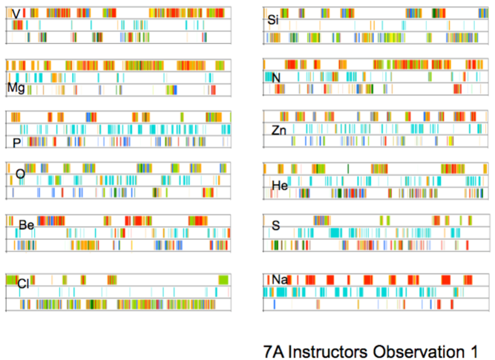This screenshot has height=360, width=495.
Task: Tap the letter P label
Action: pyautogui.click(x=16, y=141)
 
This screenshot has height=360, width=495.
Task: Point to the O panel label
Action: pyautogui.click(x=20, y=174)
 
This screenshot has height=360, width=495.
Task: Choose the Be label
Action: pyautogui.click(x=27, y=225)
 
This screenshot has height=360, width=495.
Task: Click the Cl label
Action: pyautogui.click(x=23, y=282)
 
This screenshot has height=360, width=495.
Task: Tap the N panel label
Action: pyautogui.click(x=276, y=77)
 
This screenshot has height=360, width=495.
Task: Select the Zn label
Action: pyautogui.click(x=278, y=131)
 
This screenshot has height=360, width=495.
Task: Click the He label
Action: pyautogui.click(x=280, y=186)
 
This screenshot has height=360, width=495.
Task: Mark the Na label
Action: pyautogui.click(x=279, y=279)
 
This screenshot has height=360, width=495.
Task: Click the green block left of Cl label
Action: pyautogui.click(x=11, y=280)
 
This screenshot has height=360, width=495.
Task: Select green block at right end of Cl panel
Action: pyautogui.click(x=223, y=279)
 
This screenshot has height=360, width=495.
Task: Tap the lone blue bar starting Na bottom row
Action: pyautogui.click(x=274, y=304)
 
